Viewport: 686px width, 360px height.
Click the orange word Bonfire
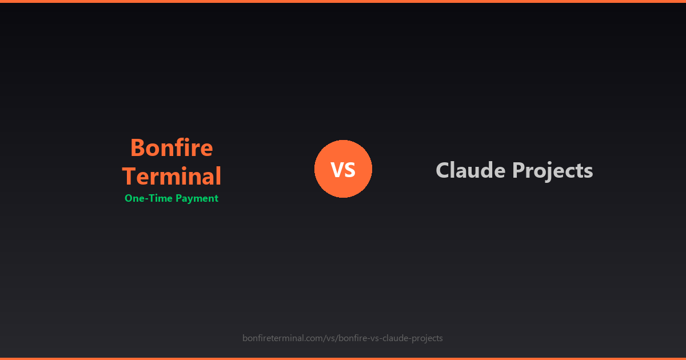[x=171, y=148]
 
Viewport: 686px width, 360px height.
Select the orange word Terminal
[x=171, y=177]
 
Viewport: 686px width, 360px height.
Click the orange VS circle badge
[x=343, y=169]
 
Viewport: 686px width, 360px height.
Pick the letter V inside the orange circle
[x=336, y=170]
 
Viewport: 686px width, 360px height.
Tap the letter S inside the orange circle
[x=350, y=170]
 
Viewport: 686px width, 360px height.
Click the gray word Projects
[x=552, y=171]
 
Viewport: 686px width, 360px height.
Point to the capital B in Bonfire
[x=137, y=148]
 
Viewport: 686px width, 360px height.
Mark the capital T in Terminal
[x=129, y=177]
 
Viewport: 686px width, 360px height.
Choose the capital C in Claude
[x=443, y=170]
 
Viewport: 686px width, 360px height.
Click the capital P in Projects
[x=518, y=170]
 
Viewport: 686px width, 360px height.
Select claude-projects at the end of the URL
[x=411, y=338]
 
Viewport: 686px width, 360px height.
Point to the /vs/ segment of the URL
[x=330, y=338]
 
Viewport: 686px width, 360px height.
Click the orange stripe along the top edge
[x=343, y=1]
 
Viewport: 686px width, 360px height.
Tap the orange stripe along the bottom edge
[x=343, y=358]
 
